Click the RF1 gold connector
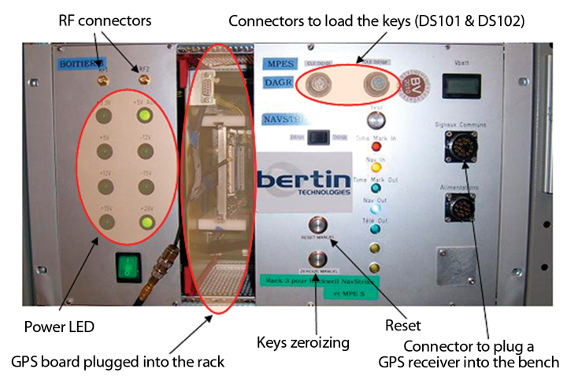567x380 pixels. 102,78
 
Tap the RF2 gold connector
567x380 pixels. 143,78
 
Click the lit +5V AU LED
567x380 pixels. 143,117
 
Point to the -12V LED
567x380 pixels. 143,153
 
